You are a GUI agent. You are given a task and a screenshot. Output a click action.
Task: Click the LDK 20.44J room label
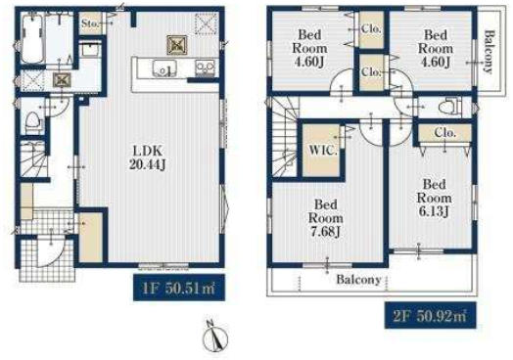tap(147, 157)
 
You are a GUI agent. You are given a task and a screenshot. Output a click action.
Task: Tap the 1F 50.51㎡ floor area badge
tap(179, 288)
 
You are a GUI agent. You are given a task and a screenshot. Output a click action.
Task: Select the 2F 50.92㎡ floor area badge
tap(430, 316)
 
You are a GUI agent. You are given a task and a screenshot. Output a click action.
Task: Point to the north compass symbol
tap(215, 337)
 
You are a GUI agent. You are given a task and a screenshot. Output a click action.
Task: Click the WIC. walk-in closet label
tap(323, 151)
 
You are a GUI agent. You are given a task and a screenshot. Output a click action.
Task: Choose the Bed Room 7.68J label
tap(326, 218)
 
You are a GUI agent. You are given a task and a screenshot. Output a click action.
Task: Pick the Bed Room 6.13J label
tap(434, 198)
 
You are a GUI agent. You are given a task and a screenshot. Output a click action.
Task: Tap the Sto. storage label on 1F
tap(90, 23)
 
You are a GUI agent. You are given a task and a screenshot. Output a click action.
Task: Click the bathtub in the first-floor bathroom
tap(32, 38)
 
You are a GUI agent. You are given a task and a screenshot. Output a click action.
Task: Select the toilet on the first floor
tap(34, 122)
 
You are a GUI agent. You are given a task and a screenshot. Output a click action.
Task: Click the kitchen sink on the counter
tap(163, 69)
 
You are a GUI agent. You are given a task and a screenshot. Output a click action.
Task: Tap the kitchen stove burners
tap(205, 68)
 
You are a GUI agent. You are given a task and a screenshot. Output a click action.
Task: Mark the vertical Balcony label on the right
tap(489, 52)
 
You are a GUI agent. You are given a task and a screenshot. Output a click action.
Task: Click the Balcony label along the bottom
tap(359, 280)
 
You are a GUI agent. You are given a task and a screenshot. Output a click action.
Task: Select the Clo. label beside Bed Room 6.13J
tap(444, 132)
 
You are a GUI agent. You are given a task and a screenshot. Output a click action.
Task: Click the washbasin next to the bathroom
tap(90, 50)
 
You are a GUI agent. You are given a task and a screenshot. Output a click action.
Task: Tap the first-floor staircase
tap(32, 159)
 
